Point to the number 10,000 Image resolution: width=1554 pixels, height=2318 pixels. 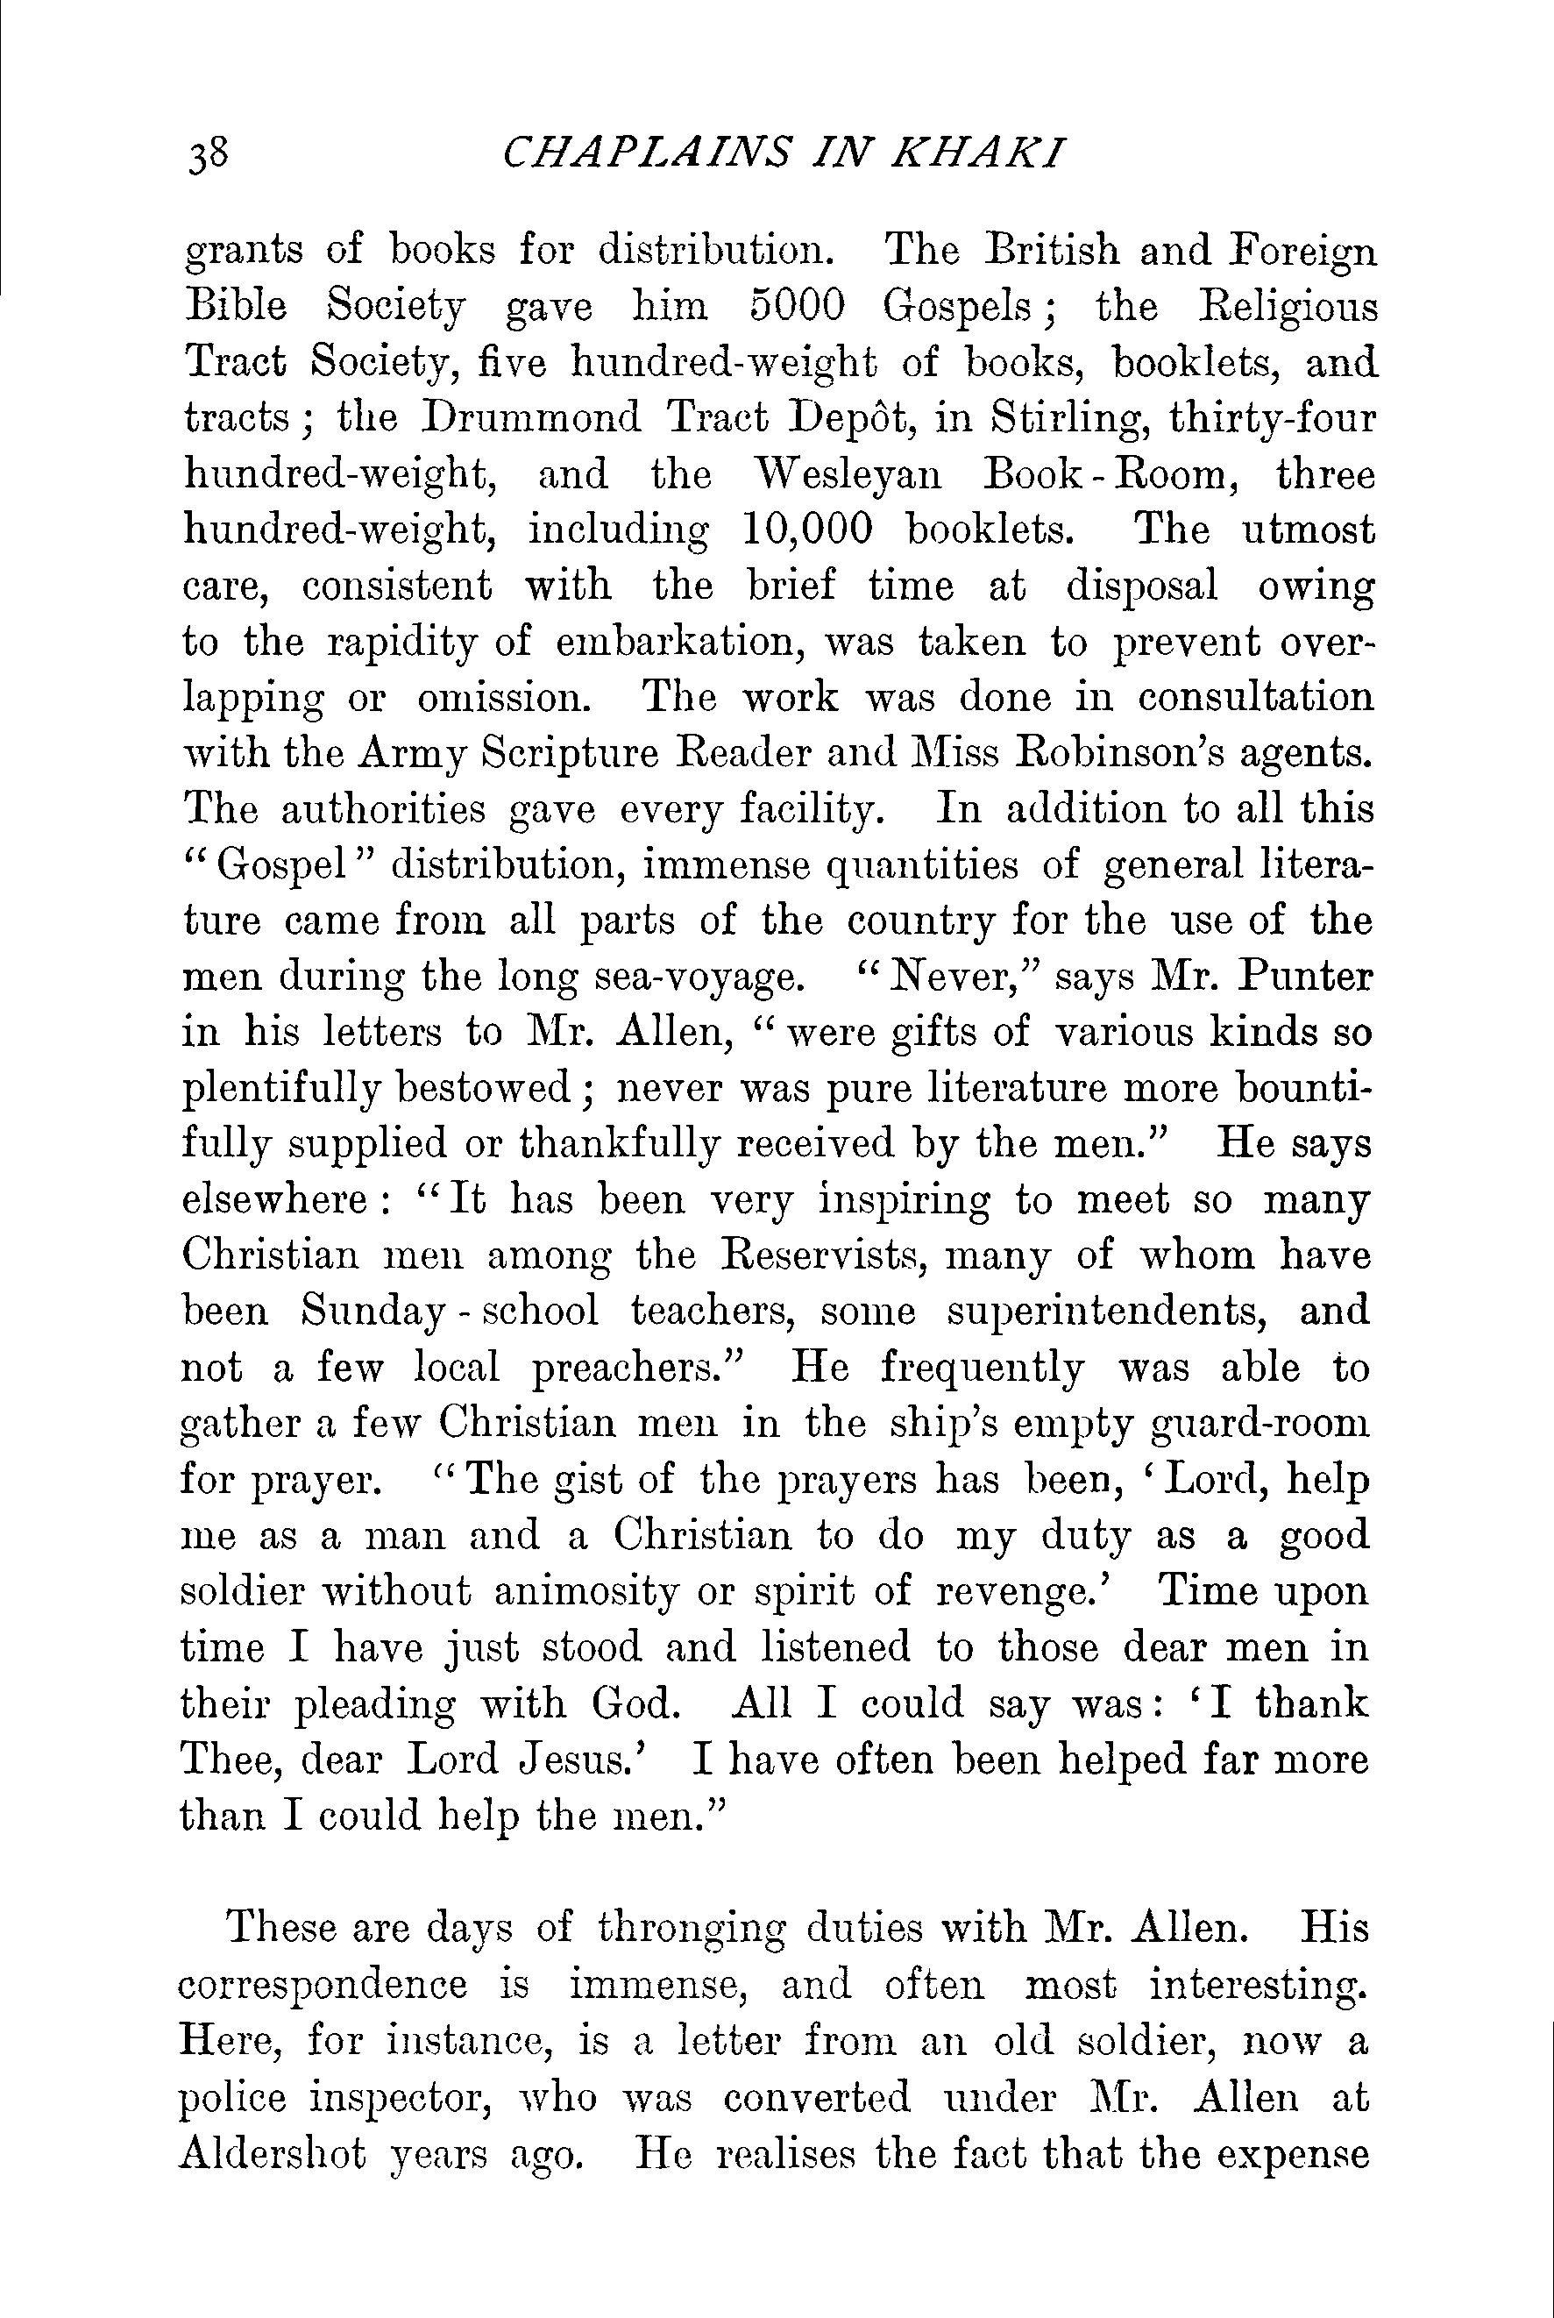(805, 530)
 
